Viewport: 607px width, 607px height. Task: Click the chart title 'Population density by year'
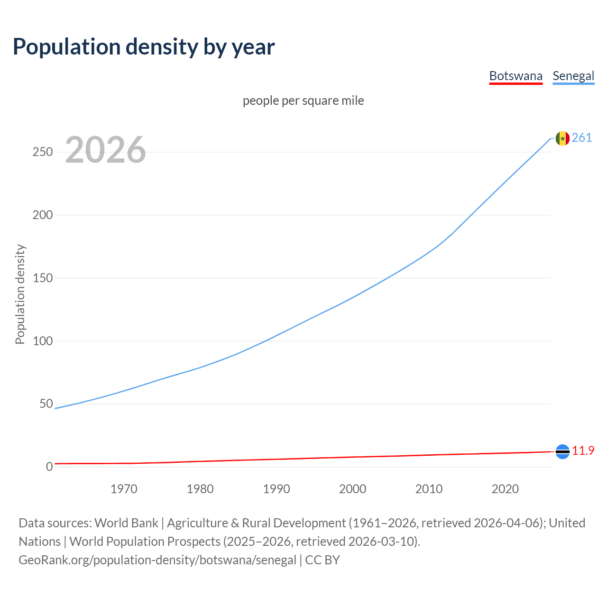pyautogui.click(x=144, y=47)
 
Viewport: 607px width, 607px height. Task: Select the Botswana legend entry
pyautogui.click(x=515, y=76)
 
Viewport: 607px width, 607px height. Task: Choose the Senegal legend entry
pyautogui.click(x=573, y=76)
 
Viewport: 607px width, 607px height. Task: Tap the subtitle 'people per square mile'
pyautogui.click(x=303, y=101)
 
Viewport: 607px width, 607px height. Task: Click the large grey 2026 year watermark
pyautogui.click(x=105, y=150)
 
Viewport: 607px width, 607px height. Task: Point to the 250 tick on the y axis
pyautogui.click(x=42, y=152)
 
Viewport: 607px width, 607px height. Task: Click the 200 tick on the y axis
pyautogui.click(x=42, y=215)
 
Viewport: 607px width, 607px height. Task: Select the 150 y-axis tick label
pyautogui.click(x=42, y=278)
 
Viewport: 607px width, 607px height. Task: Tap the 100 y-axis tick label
pyautogui.click(x=42, y=341)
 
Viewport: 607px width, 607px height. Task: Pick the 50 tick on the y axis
pyautogui.click(x=46, y=404)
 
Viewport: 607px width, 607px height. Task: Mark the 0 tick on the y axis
pyautogui.click(x=49, y=467)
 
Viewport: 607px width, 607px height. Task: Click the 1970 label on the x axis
pyautogui.click(x=124, y=489)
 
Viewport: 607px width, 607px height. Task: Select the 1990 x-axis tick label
pyautogui.click(x=276, y=489)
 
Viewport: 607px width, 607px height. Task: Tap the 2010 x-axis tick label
pyautogui.click(x=429, y=489)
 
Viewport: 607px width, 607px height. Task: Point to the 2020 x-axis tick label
pyautogui.click(x=505, y=489)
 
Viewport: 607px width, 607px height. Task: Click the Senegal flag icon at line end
pyautogui.click(x=562, y=138)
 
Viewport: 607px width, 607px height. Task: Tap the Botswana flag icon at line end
pyautogui.click(x=562, y=451)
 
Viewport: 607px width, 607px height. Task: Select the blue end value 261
pyautogui.click(x=582, y=138)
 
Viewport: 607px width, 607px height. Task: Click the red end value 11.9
pyautogui.click(x=583, y=451)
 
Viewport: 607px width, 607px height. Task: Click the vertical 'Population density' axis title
pyautogui.click(x=20, y=294)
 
